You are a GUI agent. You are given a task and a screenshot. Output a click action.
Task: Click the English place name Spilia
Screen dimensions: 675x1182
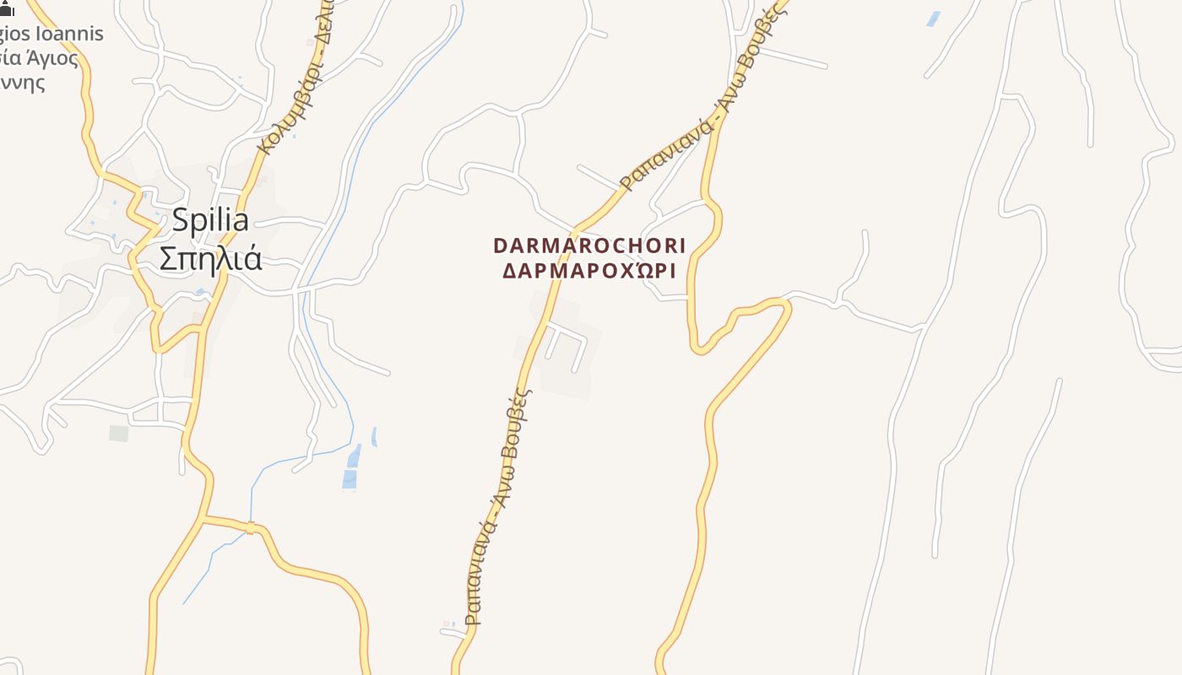click(x=210, y=220)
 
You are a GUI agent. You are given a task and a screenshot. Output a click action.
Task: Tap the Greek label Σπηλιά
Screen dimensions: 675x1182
click(x=210, y=258)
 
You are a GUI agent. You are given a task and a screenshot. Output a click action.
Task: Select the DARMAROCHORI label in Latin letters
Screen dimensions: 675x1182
click(x=589, y=246)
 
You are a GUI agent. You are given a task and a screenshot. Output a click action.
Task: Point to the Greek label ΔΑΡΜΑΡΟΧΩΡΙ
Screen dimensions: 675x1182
click(x=589, y=271)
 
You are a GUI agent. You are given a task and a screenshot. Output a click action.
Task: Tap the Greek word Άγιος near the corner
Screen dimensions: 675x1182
click(x=52, y=59)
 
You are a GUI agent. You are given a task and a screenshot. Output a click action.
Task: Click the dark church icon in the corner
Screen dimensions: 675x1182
click(x=7, y=9)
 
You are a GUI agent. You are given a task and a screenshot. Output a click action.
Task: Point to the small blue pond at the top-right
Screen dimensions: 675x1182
click(x=933, y=19)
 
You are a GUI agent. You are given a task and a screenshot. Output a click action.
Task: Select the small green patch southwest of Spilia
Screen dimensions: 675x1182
click(x=119, y=433)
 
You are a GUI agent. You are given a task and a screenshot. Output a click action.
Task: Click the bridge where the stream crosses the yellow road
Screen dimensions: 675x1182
click(x=251, y=528)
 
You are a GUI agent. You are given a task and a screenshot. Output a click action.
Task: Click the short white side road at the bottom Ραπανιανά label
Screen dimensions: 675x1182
click(x=453, y=631)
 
